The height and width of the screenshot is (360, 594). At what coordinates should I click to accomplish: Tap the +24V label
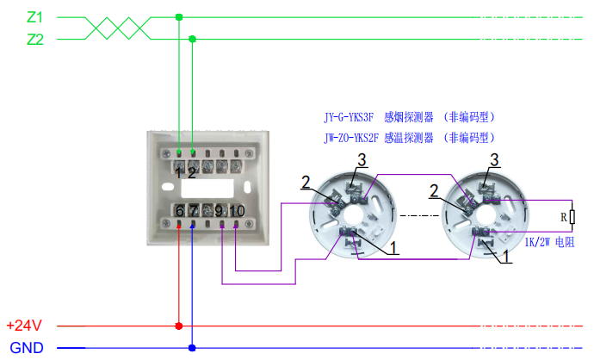coord(24,326)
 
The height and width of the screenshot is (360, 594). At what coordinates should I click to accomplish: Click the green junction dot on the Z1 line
coord(179,16)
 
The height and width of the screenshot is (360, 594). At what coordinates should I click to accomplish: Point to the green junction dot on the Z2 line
coord(192,39)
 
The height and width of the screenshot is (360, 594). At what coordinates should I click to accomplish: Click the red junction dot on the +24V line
coord(179,326)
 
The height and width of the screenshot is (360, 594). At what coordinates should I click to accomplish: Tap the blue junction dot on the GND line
coord(192,348)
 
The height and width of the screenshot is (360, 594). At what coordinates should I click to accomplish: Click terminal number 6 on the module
coord(179,210)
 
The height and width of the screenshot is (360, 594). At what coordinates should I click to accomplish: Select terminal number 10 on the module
coord(237,210)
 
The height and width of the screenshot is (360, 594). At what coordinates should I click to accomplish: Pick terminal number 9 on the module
coord(220,210)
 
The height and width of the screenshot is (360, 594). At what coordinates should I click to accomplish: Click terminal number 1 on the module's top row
coord(179,171)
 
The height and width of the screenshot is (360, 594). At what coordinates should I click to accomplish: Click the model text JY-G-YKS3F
coord(347,117)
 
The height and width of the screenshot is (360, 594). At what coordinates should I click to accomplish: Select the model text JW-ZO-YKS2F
coord(347,137)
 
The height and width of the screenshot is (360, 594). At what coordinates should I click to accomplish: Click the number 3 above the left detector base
coord(362,160)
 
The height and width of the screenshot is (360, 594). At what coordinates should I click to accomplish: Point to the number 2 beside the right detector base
coord(435,189)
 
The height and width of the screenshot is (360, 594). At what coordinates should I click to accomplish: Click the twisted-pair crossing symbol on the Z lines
coord(117,28)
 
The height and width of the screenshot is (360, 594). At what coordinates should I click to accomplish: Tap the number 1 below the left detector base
coord(393,248)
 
